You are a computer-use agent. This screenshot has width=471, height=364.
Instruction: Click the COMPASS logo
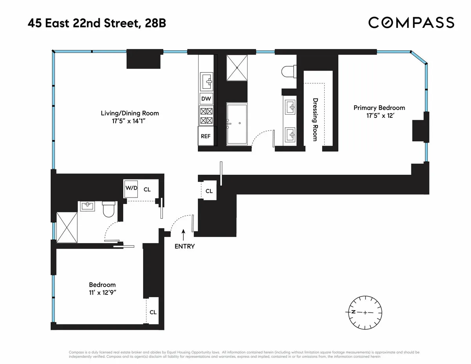point(411,22)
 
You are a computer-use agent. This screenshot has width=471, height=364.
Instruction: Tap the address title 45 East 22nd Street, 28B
point(97,23)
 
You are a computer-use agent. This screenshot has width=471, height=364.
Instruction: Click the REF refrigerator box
point(206,136)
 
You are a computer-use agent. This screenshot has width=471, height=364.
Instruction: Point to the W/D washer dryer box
point(131,188)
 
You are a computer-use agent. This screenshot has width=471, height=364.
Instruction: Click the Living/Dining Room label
point(130,113)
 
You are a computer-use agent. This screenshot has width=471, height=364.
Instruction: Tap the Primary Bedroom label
point(379,108)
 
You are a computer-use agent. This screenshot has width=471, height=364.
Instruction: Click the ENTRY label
point(184,247)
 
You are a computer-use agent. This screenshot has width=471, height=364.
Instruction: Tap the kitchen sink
point(208,82)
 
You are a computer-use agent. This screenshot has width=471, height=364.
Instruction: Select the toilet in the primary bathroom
point(289,71)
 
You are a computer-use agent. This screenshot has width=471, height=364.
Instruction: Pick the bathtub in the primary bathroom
point(238,124)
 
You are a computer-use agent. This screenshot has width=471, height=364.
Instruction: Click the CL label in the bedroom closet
point(153,312)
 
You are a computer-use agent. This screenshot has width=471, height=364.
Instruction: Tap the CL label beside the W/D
point(147,189)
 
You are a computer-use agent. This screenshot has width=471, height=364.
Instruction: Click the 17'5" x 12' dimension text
point(379,115)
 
